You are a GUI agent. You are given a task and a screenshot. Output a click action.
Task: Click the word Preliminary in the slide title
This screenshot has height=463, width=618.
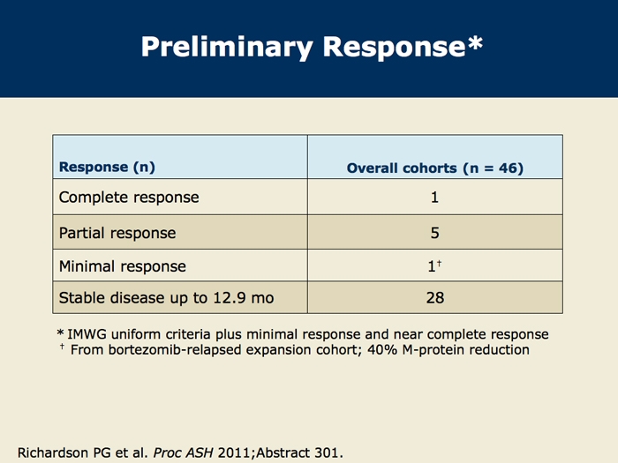(228, 48)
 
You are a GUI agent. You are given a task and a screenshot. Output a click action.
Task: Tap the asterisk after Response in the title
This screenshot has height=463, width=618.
(475, 42)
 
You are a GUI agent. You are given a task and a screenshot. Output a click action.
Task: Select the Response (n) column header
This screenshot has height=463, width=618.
(107, 168)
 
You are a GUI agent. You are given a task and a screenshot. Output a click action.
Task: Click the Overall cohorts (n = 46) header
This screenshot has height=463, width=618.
(435, 168)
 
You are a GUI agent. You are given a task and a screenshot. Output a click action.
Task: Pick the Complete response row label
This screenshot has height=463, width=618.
(129, 198)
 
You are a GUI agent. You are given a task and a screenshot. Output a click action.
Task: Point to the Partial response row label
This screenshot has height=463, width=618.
(117, 233)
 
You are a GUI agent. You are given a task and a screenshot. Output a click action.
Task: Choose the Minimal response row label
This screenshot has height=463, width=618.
(122, 266)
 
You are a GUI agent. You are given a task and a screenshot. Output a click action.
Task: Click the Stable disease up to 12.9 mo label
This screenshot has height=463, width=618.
(166, 298)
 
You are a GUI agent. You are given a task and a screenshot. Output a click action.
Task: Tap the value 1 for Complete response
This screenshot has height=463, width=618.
(434, 198)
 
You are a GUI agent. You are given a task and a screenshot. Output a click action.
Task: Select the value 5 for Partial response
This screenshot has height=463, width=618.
(434, 233)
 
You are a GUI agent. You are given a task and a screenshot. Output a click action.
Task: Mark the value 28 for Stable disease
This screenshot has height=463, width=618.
(435, 298)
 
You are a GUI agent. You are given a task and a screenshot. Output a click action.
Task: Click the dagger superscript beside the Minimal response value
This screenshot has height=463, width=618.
(439, 264)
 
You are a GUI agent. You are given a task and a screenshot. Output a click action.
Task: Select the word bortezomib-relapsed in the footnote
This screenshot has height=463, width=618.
(175, 349)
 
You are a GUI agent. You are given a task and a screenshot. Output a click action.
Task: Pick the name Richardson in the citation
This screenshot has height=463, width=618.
(53, 452)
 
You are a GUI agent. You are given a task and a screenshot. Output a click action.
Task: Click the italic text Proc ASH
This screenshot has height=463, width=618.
(184, 452)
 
